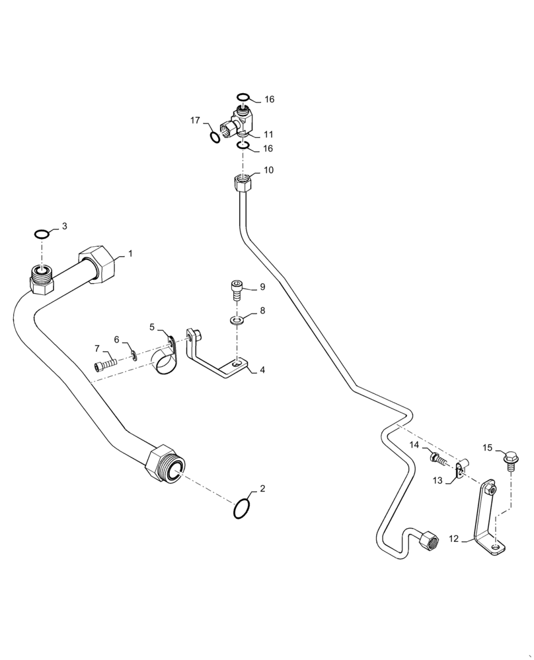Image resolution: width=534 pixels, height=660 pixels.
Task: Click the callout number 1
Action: coord(130,253)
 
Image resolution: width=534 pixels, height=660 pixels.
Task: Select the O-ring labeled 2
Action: coord(243,509)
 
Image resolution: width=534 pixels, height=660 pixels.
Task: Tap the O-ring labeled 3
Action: coord(42,234)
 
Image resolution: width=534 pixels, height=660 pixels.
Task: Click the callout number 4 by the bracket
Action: coord(262,370)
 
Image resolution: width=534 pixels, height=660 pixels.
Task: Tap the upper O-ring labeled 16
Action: coord(243,96)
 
